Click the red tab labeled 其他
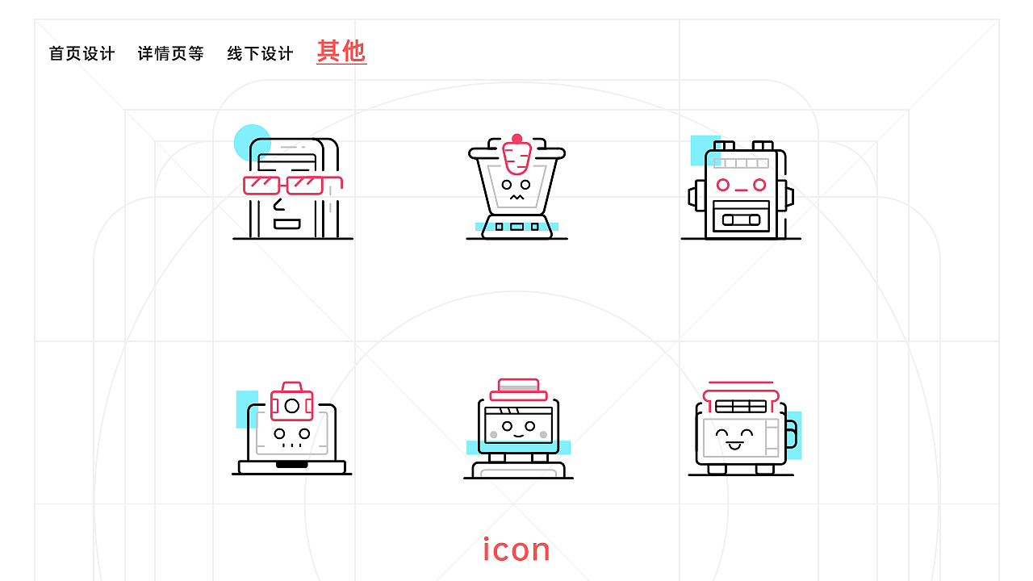[341, 52]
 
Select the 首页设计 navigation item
[82, 54]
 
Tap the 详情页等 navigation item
[170, 54]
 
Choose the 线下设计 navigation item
[260, 54]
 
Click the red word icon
[516, 550]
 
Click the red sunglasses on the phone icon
[292, 186]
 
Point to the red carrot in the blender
[516, 158]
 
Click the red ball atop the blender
[516, 139]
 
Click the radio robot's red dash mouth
[741, 190]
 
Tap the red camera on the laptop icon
[291, 403]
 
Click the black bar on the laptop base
[291, 465]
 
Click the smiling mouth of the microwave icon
[734, 445]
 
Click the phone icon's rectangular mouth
[286, 224]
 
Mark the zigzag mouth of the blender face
[516, 196]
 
